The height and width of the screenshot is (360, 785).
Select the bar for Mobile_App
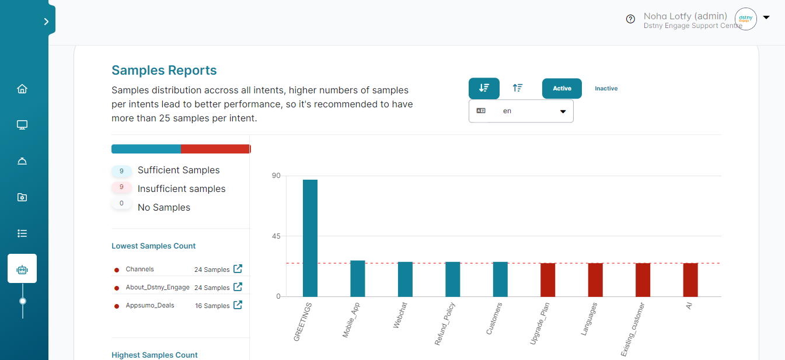point(357,278)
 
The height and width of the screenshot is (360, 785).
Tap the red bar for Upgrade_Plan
point(547,280)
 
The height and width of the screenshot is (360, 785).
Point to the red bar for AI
point(690,280)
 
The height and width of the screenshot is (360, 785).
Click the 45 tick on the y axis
point(274,236)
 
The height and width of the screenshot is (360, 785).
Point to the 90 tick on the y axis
point(274,176)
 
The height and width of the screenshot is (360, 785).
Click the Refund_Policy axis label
point(445,324)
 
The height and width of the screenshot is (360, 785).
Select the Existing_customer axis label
point(633,330)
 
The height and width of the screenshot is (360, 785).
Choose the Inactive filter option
point(606,89)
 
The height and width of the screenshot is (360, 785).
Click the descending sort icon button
point(484,88)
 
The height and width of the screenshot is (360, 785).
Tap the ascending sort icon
point(517,88)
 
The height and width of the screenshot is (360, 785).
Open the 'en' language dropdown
point(521,111)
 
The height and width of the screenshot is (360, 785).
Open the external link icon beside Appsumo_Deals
point(238,305)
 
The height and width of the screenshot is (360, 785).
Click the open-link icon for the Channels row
point(238,269)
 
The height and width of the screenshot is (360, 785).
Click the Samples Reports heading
point(164,71)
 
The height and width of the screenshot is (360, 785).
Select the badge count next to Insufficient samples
point(121,187)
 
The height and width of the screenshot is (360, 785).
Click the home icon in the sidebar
point(22,89)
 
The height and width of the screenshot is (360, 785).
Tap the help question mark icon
point(630,19)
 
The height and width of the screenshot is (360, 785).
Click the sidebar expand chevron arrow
point(46,22)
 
